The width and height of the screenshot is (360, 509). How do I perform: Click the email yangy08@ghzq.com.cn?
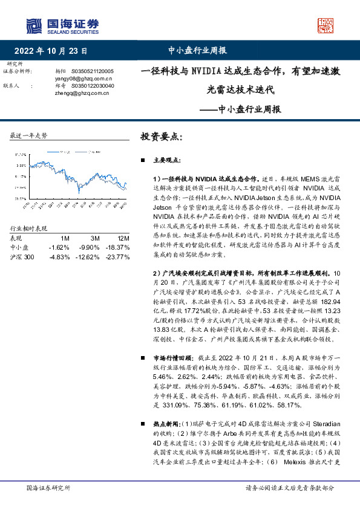(75, 79)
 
